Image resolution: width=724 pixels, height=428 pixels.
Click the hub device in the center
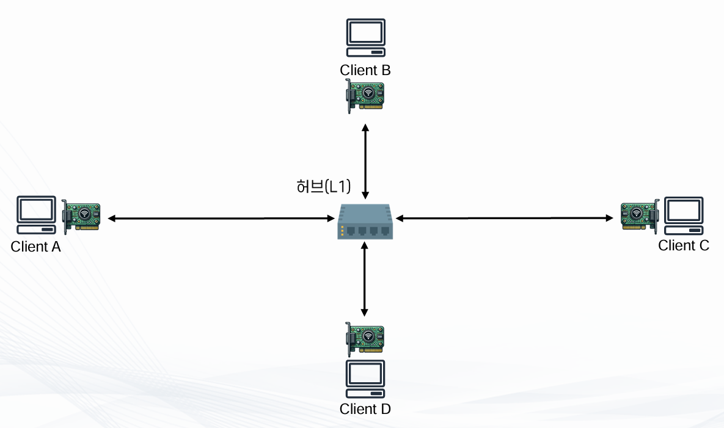(x=365, y=222)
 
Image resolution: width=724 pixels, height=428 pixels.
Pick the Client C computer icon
(x=683, y=216)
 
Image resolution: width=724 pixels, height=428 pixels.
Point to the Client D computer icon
(x=365, y=379)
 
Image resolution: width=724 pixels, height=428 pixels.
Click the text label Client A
(x=36, y=247)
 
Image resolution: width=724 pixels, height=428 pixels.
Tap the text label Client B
(x=365, y=70)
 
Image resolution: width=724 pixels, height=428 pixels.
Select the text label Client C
(x=684, y=245)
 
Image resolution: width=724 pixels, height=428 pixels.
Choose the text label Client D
(x=365, y=408)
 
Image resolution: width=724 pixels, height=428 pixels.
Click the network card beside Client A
(x=81, y=216)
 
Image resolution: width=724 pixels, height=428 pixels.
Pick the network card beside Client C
(x=639, y=216)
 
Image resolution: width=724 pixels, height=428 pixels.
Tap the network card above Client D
(x=365, y=338)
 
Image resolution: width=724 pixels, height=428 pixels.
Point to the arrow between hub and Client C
(x=504, y=217)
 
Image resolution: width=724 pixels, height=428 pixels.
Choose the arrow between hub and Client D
(x=365, y=278)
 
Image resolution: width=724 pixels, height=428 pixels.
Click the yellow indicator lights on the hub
(x=343, y=230)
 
